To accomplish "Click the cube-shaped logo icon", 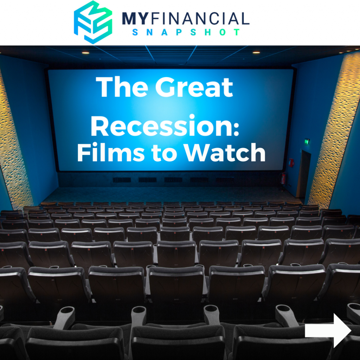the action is click(93, 22).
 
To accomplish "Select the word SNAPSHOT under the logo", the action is click(186, 32).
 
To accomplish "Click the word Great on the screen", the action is click(194, 87).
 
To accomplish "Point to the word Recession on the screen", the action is click(162, 126).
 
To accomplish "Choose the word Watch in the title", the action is click(225, 152).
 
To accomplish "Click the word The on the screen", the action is click(122, 87).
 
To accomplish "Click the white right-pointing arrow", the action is click(328, 330).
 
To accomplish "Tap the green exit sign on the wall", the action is click(307, 141).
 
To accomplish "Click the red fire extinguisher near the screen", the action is click(284, 178).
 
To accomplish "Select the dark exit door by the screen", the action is click(303, 174).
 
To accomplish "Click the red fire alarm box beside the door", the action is click(291, 162).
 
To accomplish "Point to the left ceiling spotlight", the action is click(85, 53).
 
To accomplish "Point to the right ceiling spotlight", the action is click(256, 53).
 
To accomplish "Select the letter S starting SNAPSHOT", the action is click(135, 32).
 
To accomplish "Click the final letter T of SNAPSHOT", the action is click(237, 32).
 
